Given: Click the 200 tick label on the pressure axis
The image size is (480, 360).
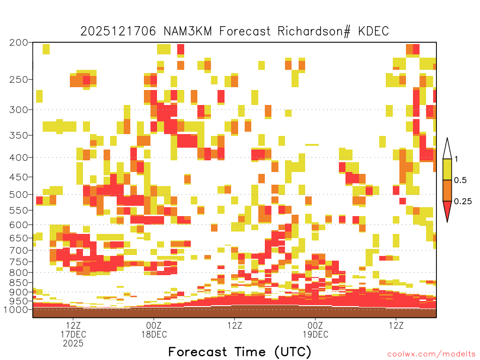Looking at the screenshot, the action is (19, 43).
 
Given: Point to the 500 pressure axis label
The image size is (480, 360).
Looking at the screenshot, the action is (19, 195).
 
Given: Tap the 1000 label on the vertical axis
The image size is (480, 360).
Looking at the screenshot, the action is (16, 309).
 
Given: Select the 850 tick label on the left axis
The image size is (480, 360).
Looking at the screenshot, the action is (19, 283).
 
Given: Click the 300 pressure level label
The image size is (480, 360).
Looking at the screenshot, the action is (19, 110).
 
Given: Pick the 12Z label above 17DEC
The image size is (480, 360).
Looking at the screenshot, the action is (73, 325).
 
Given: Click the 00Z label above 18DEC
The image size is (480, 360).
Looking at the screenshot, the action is (154, 325).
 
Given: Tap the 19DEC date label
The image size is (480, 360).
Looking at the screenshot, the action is (315, 334).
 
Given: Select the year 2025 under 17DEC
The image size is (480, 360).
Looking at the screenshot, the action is (73, 343).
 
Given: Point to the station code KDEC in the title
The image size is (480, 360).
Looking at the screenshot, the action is (374, 31).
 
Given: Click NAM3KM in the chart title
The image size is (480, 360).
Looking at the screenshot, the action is (188, 31).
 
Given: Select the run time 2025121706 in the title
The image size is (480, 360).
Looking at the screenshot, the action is (118, 31).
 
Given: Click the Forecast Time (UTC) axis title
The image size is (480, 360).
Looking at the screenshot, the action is (240, 352).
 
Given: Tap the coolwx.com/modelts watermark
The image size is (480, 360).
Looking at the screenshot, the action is (431, 354).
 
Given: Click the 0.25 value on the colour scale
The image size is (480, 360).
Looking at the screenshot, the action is (463, 201).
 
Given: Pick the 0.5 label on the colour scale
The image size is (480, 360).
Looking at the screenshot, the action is (460, 180).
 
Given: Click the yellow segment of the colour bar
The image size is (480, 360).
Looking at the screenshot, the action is (447, 169).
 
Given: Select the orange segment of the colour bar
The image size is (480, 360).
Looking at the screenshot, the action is (447, 190).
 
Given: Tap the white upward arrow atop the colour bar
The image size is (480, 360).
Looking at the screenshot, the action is (447, 150).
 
